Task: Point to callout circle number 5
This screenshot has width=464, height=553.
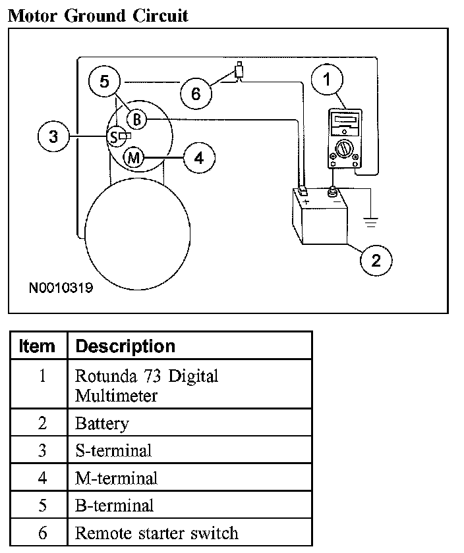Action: pos(104,82)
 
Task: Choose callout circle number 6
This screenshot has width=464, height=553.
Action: pos(195,94)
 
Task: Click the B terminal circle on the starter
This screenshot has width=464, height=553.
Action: pos(136,119)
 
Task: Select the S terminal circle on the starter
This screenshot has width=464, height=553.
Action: pos(115,136)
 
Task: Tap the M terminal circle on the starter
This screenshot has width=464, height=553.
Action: pos(134,158)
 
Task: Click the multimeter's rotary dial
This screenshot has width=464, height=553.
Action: pos(343,149)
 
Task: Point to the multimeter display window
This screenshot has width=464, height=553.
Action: pos(343,122)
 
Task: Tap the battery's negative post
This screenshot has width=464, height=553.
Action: pos(333,193)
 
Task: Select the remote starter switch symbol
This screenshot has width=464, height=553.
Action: pos(239,71)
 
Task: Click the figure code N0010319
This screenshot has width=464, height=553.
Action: pos(61,288)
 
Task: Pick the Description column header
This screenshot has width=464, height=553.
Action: pos(125,346)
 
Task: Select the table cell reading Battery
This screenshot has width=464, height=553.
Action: pos(101,423)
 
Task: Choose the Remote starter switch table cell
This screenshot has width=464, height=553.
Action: pos(156,533)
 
